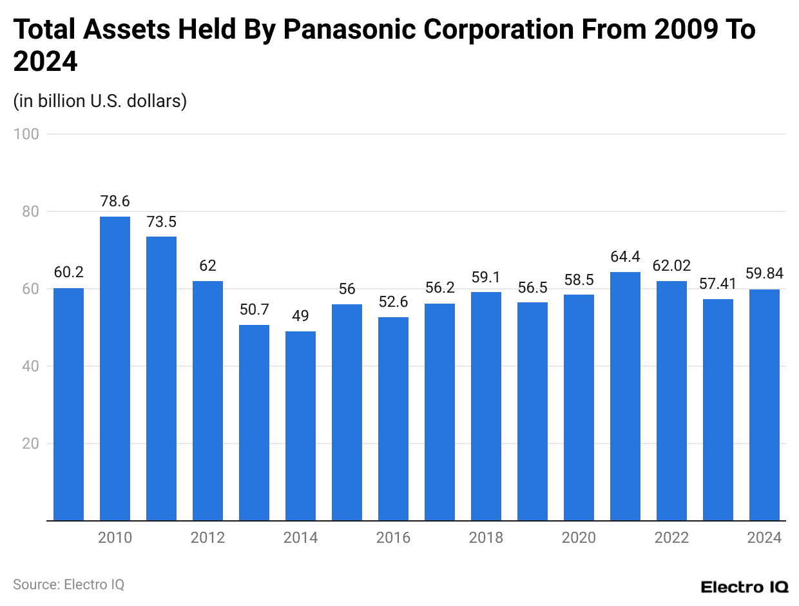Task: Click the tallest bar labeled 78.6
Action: pyautogui.click(x=115, y=368)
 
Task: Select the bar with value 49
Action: pyautogui.click(x=300, y=425)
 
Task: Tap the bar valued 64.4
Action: pyautogui.click(x=625, y=396)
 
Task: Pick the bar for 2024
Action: pyautogui.click(x=764, y=405)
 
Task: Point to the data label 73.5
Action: pyautogui.click(x=161, y=222)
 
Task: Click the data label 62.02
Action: pyautogui.click(x=671, y=266)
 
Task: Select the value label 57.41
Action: pyautogui.click(x=718, y=284)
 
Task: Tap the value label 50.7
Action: pyautogui.click(x=254, y=310)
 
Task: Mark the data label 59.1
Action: pyautogui.click(x=486, y=278)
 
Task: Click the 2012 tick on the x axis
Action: pyautogui.click(x=207, y=538)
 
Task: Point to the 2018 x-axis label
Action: pyautogui.click(x=486, y=538)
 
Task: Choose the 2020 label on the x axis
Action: pyautogui.click(x=579, y=538)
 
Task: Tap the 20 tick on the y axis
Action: pyautogui.click(x=32, y=444)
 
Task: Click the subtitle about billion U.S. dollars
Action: pyautogui.click(x=100, y=101)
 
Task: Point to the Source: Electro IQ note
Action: pyautogui.click(x=68, y=585)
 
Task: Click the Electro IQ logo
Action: pyautogui.click(x=744, y=587)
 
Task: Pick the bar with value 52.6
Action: pyautogui.click(x=393, y=418)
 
